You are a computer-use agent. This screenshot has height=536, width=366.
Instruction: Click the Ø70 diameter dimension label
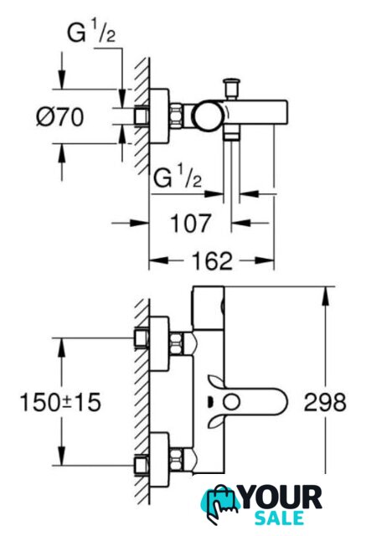coord(60,117)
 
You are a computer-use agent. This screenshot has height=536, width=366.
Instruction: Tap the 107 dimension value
coord(191,223)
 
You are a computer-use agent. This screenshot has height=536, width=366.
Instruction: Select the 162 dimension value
coord(212,260)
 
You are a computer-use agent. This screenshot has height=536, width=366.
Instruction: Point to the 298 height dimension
coord(325,402)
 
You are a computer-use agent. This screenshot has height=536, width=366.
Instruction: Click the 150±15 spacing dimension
coord(60,402)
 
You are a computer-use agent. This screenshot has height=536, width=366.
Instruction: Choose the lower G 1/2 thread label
coord(178,178)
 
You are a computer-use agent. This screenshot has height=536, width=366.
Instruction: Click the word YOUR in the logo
coord(281,497)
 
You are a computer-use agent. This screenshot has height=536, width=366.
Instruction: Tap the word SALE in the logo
coord(279,518)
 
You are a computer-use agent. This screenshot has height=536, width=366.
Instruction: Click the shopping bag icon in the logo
coord(220,503)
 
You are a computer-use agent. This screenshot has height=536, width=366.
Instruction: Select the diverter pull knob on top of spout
coord(231,88)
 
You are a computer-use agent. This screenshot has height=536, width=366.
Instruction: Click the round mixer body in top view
coord(208,116)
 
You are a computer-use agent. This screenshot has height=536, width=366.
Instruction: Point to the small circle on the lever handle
coord(231,402)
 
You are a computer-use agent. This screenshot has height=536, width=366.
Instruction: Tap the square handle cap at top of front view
coord(209,308)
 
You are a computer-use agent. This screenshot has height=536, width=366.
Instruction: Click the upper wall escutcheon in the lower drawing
coord(159,343)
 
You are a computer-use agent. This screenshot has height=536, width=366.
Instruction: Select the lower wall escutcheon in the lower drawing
coord(159,459)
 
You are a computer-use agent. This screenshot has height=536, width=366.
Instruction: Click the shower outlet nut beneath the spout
coord(231,132)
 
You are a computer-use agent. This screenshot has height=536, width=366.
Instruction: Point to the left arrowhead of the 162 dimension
coord(159,260)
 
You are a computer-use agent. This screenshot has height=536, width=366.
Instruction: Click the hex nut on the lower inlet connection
coord(176,459)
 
